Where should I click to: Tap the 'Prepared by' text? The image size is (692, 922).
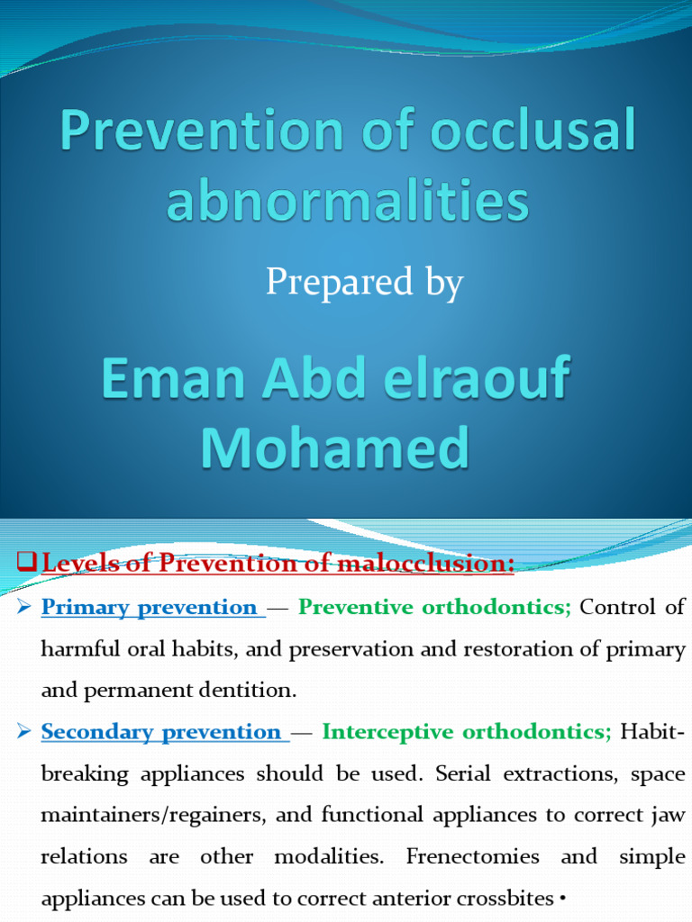point(364,283)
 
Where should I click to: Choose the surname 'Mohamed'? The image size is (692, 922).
point(334,447)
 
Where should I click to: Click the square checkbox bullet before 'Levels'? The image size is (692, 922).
point(26,563)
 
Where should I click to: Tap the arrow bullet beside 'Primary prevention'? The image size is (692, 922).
point(24,608)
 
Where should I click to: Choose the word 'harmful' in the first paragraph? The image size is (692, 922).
point(78,649)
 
